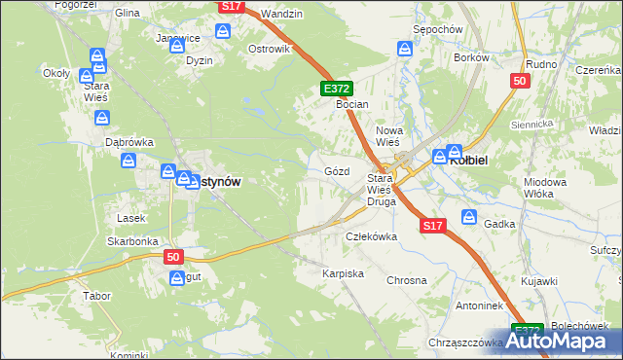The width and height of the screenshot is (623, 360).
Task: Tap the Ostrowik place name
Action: coord(270,49)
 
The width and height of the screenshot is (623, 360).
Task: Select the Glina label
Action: coord(128,14)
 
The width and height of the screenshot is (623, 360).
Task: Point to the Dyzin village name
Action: coord(199,59)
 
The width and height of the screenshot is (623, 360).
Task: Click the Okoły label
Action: coord(55,73)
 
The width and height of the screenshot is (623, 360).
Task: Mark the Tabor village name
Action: coord(96,295)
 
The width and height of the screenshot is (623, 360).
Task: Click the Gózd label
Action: coord(336,170)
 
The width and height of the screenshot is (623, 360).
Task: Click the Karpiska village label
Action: coord(343,274)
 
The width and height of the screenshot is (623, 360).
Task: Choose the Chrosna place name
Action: coord(407,280)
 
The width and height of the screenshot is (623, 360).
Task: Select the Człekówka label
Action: coord(373,236)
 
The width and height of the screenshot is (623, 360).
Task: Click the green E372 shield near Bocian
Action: coord(333,89)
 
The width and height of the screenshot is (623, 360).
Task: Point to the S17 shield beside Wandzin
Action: coord(231,6)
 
